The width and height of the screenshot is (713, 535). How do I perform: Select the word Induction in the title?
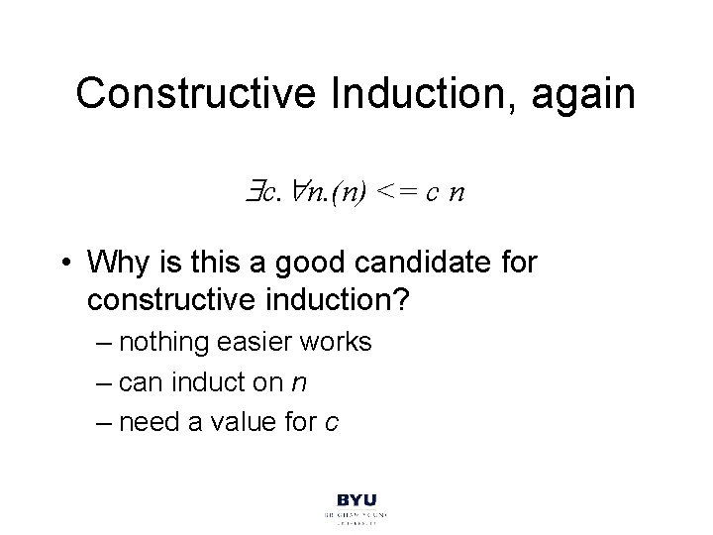tap(387, 93)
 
